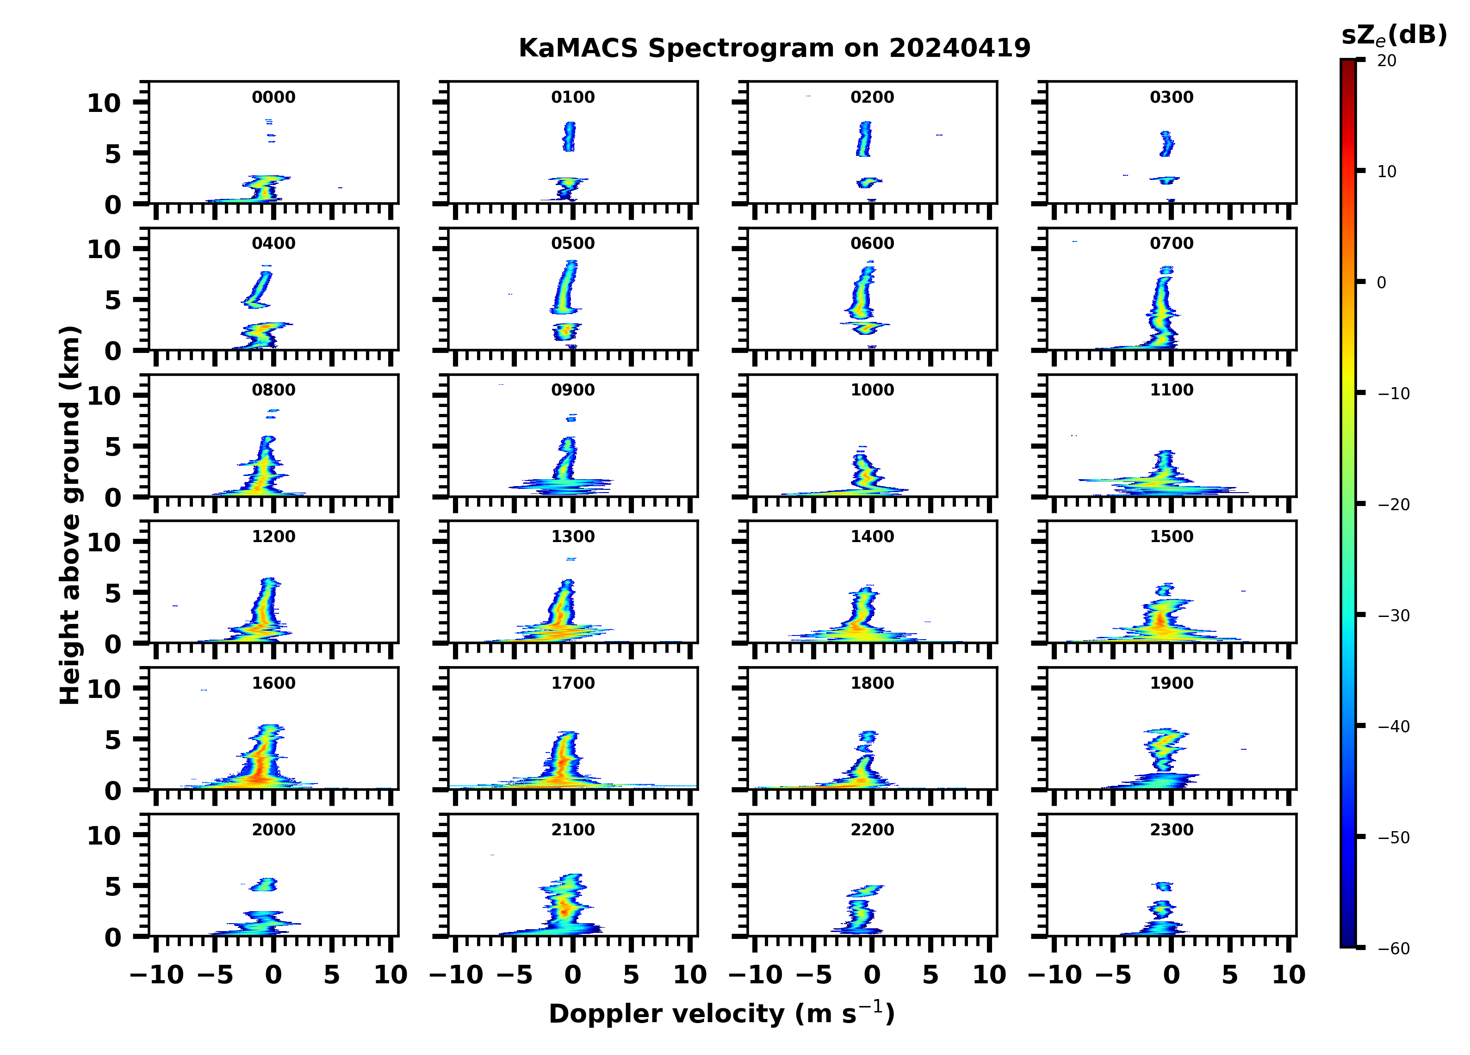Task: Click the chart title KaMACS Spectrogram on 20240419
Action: [774, 49]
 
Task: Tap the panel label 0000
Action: [273, 97]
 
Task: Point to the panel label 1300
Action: [573, 537]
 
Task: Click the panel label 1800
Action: [872, 683]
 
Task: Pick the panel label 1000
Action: [872, 390]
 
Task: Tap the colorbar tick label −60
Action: [1394, 949]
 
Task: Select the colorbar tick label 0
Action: [1381, 283]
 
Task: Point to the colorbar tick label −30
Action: [1394, 616]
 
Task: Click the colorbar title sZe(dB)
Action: [1394, 36]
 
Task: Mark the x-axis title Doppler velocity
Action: [721, 1013]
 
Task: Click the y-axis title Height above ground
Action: [70, 515]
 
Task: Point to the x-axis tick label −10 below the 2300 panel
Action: [1054, 975]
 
